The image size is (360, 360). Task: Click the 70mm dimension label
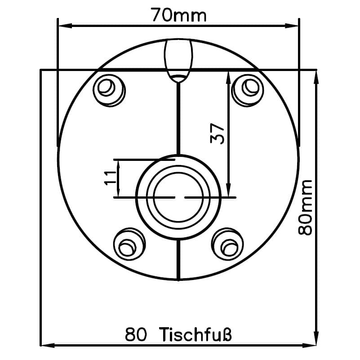pyautogui.click(x=178, y=15)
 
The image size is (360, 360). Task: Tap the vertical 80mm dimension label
pyautogui.click(x=305, y=208)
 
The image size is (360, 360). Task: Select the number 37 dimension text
pyautogui.click(x=217, y=133)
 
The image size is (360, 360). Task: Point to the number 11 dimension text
pyautogui.click(x=111, y=178)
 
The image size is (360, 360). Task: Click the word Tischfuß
pyautogui.click(x=195, y=334)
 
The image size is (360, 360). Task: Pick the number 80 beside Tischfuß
pyautogui.click(x=135, y=335)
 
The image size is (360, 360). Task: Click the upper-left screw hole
pyautogui.click(x=109, y=90)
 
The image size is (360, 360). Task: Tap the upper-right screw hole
pyautogui.click(x=248, y=90)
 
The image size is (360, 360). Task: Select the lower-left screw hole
pyautogui.click(x=129, y=244)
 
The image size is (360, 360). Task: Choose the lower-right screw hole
pyautogui.click(x=227, y=244)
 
